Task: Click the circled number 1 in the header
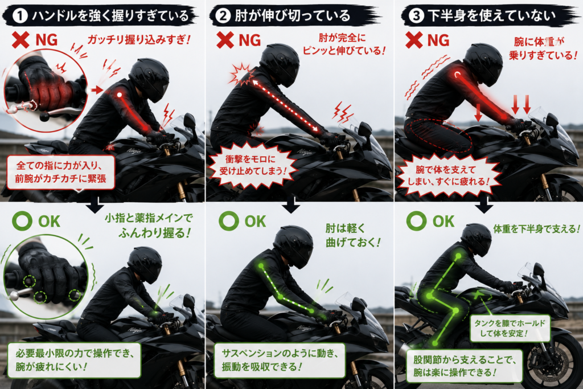(x=20, y=16)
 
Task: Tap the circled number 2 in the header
(x=223, y=16)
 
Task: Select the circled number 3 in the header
(x=416, y=15)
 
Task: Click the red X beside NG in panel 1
(x=20, y=40)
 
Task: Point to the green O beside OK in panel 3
(x=416, y=220)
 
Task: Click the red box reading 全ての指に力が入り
(x=61, y=172)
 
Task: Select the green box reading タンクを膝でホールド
(x=510, y=329)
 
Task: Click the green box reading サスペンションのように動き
(x=280, y=360)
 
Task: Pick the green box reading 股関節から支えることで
(x=465, y=366)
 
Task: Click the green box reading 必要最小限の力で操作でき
(x=75, y=360)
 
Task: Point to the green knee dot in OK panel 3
(x=456, y=310)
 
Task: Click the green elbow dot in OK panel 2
(x=280, y=296)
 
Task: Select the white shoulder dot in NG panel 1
(x=120, y=95)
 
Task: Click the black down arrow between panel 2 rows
(x=291, y=205)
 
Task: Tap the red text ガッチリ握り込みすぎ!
(x=138, y=39)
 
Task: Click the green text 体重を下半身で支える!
(x=536, y=229)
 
